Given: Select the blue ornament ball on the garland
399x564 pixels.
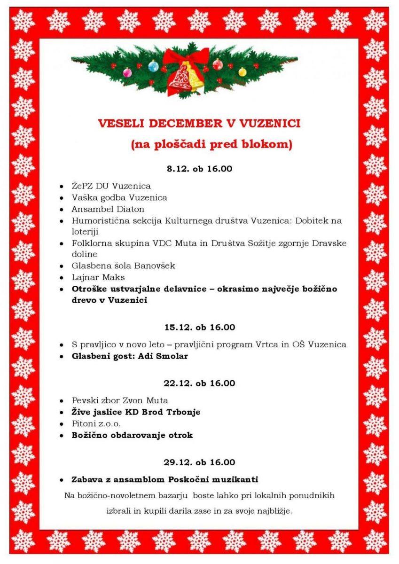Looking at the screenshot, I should (153, 67).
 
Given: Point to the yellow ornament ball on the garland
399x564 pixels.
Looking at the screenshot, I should (242, 72).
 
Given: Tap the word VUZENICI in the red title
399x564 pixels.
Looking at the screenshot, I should (270, 124).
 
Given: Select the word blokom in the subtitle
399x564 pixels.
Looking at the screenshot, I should (267, 145).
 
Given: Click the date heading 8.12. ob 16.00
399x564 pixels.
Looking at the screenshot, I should (199, 169).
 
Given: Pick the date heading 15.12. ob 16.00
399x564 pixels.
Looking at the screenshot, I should (199, 327).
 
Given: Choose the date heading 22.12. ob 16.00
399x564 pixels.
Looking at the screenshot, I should (199, 383).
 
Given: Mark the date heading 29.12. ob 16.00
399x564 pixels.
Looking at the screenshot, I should (199, 462).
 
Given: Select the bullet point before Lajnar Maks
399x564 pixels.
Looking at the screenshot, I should (62, 278).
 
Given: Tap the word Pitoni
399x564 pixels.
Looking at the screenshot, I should (83, 424).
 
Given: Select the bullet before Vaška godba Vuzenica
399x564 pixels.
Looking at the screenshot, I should (62, 198).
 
